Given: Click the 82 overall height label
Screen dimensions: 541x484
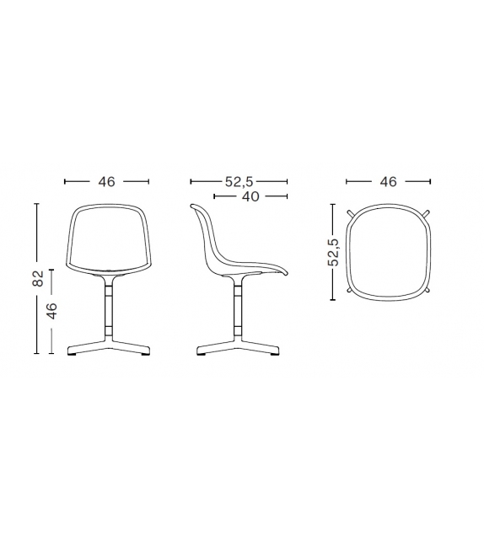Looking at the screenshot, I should [x=38, y=279].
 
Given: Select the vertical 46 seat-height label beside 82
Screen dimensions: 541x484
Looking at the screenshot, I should [x=52, y=311].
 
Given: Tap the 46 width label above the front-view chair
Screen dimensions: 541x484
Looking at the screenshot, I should [x=106, y=181].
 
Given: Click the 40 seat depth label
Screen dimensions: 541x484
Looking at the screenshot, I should [x=250, y=196].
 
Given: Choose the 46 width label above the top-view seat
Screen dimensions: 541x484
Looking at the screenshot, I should [x=388, y=181].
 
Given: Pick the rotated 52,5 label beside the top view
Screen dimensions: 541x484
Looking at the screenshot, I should [x=333, y=251].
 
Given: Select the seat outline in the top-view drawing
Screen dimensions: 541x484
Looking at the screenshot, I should [x=388, y=250].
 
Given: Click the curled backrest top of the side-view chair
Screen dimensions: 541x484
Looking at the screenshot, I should [x=195, y=207].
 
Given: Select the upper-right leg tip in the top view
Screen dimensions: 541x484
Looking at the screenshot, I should [x=429, y=212].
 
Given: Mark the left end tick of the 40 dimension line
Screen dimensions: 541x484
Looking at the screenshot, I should [x=214, y=196].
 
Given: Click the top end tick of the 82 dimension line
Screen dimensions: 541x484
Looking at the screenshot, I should [x=38, y=203].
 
